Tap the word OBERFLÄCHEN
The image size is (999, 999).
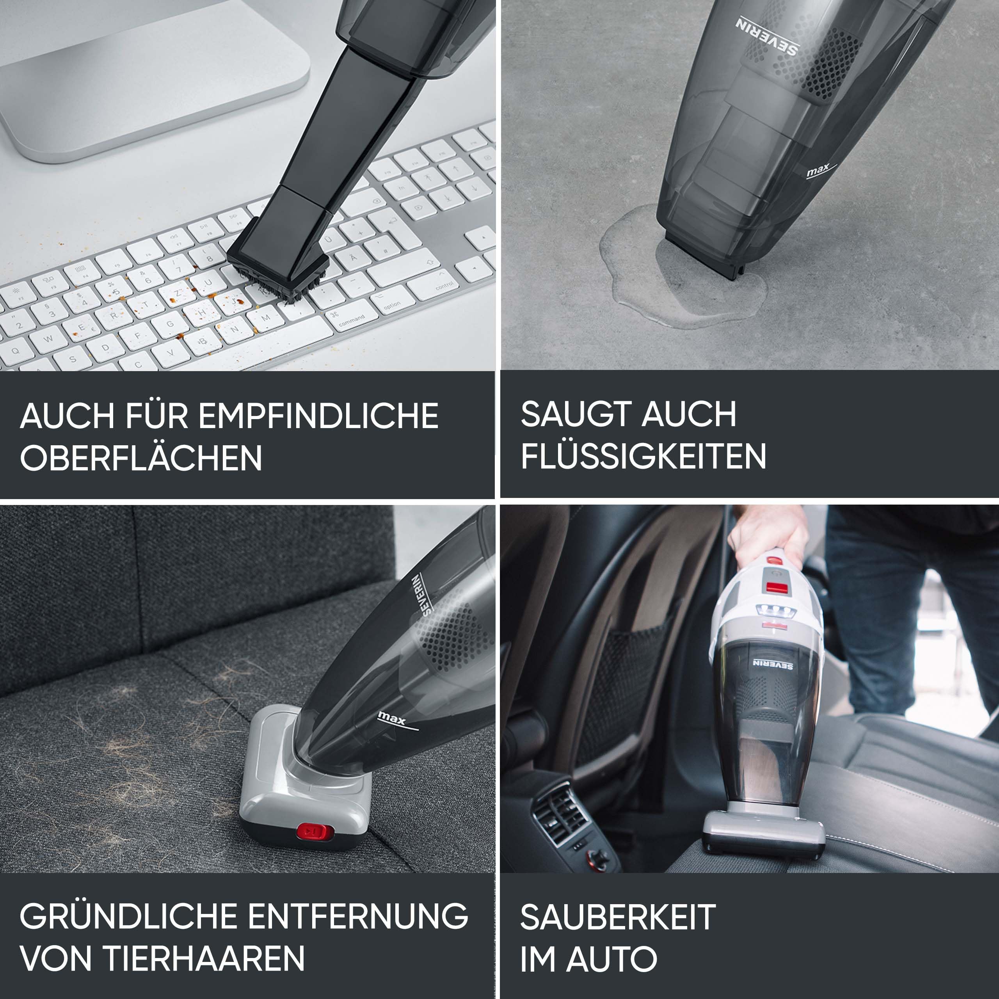coord(140,458)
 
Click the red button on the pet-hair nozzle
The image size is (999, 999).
coord(315,832)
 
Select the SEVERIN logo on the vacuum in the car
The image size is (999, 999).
coord(773,664)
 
